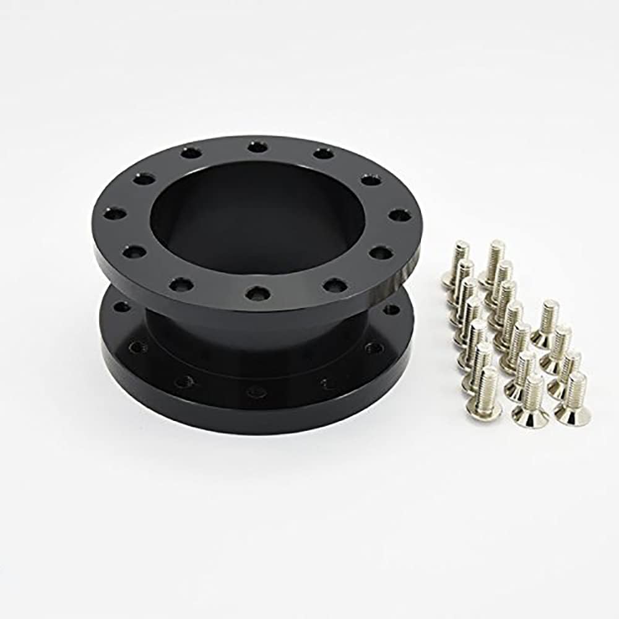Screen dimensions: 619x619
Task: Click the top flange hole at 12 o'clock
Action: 257,147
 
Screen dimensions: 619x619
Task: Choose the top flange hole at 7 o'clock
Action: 180,284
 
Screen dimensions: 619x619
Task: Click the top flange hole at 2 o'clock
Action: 371,180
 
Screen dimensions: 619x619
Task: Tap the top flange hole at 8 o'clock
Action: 132,252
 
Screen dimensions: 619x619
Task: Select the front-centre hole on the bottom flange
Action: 256,392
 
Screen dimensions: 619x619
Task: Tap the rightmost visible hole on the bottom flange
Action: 391,309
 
